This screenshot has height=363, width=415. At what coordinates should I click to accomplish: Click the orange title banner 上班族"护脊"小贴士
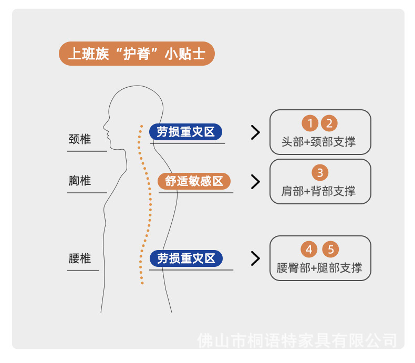(137, 54)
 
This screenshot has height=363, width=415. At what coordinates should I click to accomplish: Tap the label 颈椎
(79, 139)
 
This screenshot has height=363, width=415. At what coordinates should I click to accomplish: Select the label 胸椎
(79, 181)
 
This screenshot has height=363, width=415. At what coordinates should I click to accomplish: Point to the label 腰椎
(79, 258)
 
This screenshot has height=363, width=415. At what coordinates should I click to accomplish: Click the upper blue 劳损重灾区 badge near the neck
(186, 132)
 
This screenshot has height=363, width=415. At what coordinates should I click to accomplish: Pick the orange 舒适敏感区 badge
(194, 182)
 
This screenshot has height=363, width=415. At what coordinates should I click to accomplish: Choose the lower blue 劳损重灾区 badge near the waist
(186, 258)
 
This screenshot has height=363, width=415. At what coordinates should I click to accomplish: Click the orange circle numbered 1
(310, 124)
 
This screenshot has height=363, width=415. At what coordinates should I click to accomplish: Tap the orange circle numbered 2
(329, 124)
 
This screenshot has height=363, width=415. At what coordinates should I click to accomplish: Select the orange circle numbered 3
(320, 172)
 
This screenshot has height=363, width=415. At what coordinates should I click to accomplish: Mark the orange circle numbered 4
(310, 250)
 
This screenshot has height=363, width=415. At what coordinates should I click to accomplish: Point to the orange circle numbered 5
(330, 250)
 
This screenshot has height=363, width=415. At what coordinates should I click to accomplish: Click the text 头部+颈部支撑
(319, 142)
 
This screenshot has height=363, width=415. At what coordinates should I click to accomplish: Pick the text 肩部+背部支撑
(319, 191)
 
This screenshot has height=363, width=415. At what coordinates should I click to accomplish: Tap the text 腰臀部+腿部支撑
(319, 268)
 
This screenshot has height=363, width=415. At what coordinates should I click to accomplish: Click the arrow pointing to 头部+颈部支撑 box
(256, 132)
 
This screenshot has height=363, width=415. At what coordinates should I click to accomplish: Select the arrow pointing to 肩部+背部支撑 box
(256, 182)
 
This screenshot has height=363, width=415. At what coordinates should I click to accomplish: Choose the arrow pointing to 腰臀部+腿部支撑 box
(256, 258)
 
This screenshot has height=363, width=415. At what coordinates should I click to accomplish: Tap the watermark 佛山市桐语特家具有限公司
(297, 340)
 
